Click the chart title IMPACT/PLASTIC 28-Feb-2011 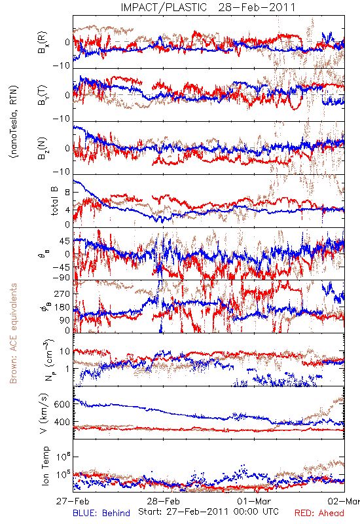point(208,7)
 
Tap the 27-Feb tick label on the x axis point(73,501)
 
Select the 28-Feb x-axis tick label point(163,501)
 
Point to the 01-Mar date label point(254,501)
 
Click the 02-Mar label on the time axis point(344,501)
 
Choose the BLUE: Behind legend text point(101,513)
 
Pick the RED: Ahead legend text point(319,513)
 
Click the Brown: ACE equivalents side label point(13,333)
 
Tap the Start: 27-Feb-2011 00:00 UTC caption point(208,512)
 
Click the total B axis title point(54,201)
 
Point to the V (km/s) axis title point(45,413)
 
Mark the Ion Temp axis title point(45,466)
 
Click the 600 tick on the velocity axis point(62,404)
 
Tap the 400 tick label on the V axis point(62,422)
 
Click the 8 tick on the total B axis point(67,192)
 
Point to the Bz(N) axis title point(43,148)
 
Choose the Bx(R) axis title point(43,43)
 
